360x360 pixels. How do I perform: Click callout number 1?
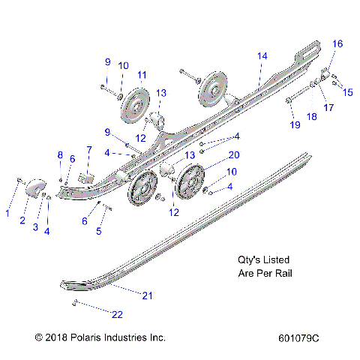click(7, 214)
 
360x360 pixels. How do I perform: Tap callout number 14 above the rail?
click(262, 57)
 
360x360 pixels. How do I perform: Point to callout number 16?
click(337, 44)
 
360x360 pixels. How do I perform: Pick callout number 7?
click(88, 150)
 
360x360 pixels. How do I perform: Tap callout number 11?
click(141, 75)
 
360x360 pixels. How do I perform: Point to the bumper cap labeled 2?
click(34, 187)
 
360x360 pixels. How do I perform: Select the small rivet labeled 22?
click(76, 302)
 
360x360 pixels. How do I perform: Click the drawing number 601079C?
click(298, 338)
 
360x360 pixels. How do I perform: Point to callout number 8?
click(61, 154)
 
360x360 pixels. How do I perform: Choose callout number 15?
click(347, 92)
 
